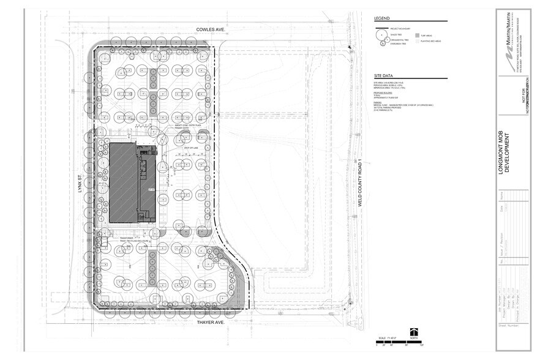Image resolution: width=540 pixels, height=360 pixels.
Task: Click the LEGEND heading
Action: coord(381,19)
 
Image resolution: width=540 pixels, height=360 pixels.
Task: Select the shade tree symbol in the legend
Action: coord(381,36)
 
